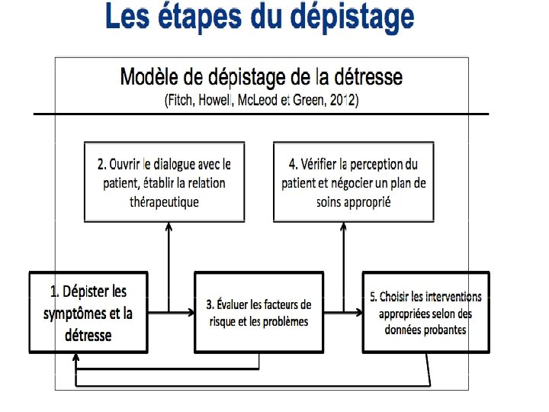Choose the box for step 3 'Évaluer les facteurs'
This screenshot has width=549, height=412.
(x=258, y=313)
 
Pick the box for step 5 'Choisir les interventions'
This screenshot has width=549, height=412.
(x=426, y=313)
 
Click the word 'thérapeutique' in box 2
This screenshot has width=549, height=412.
(x=164, y=202)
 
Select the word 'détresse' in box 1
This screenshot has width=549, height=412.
(x=88, y=336)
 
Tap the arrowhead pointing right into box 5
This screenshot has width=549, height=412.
(x=358, y=312)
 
